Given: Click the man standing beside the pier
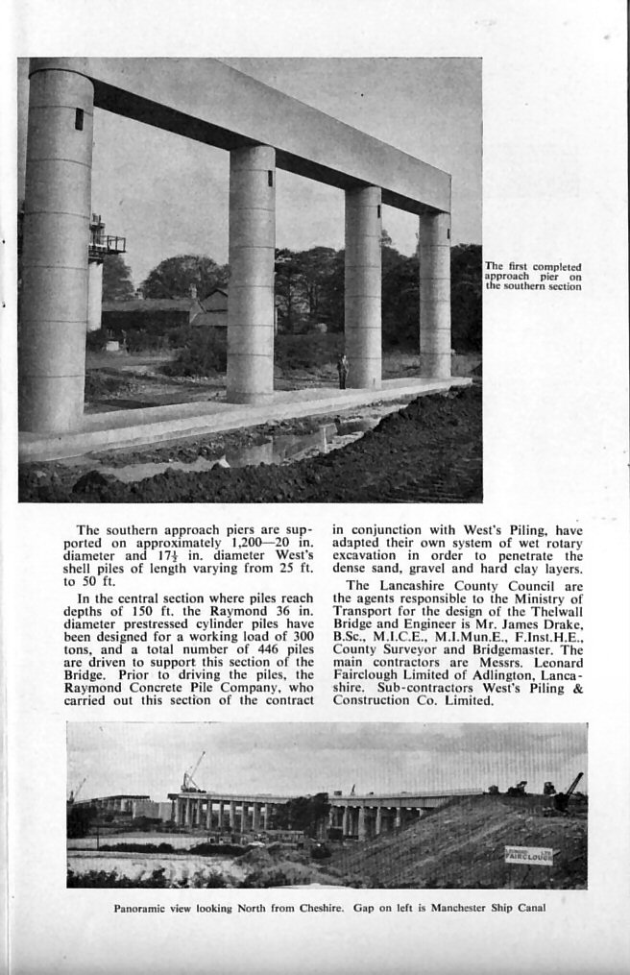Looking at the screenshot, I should tap(343, 371).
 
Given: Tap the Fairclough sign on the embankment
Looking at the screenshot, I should tap(528, 854).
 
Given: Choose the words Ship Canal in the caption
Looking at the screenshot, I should tap(519, 907).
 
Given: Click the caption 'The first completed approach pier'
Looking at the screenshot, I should tap(533, 276).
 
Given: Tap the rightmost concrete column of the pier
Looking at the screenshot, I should tap(434, 294).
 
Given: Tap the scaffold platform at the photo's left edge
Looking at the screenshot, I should tap(105, 243).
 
